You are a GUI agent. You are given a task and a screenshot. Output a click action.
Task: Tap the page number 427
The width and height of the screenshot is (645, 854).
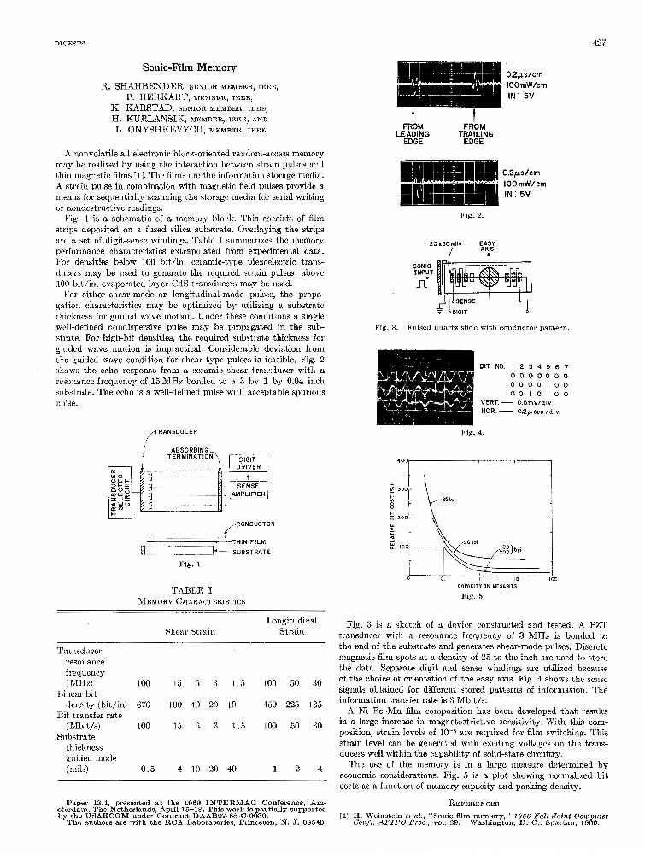tap(597, 44)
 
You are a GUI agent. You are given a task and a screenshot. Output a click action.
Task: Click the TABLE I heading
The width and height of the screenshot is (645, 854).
tap(187, 590)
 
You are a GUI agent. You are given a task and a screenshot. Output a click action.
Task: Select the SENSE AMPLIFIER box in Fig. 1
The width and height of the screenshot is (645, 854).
tap(249, 489)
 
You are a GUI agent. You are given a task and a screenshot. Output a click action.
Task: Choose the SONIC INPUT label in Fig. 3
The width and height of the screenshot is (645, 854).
tap(422, 271)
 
